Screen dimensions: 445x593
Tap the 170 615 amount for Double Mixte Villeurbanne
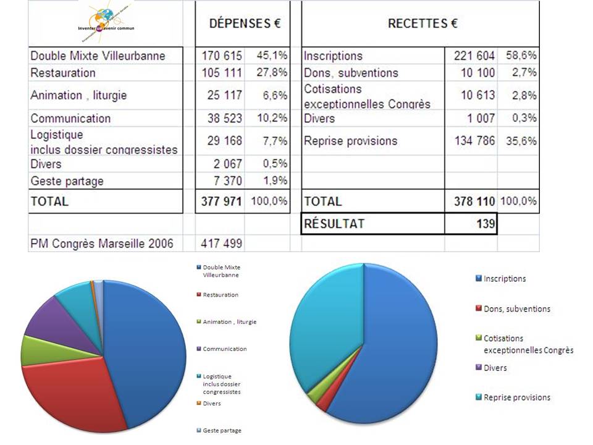pyautogui.click(x=222, y=56)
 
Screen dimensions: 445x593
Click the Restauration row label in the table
pyautogui.click(x=63, y=72)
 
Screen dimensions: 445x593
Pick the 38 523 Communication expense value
pyautogui.click(x=222, y=118)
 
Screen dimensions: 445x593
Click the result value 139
pyautogui.click(x=486, y=224)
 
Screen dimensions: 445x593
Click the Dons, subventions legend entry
pyautogui.click(x=516, y=308)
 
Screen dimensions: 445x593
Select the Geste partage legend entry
pyautogui.click(x=222, y=430)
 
